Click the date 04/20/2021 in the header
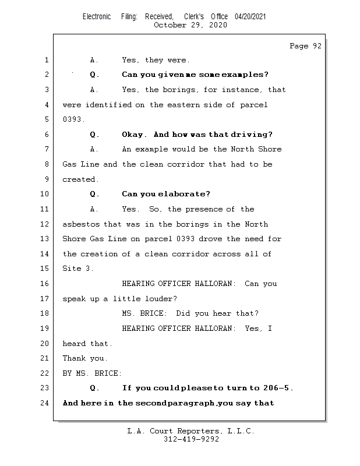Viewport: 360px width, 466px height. click(250, 17)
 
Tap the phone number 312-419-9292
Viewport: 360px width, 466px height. click(191, 440)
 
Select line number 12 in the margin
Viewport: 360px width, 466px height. click(46, 224)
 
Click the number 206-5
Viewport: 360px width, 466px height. click(277, 388)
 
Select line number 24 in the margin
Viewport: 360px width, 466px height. click(46, 403)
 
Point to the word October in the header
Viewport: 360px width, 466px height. click(170, 25)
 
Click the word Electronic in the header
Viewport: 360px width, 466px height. click(97, 17)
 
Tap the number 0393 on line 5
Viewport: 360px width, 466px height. click(72, 119)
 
